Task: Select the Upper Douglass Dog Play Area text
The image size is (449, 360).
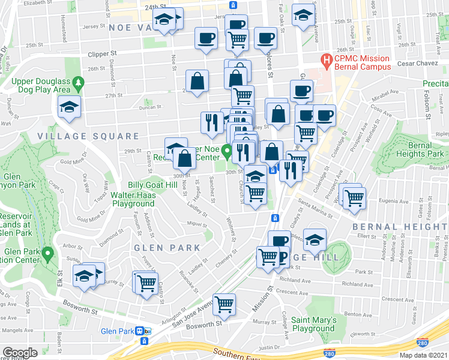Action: coord(37,85)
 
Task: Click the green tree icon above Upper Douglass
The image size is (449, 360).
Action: coord(77,82)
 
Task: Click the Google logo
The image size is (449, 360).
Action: coord(20,353)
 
